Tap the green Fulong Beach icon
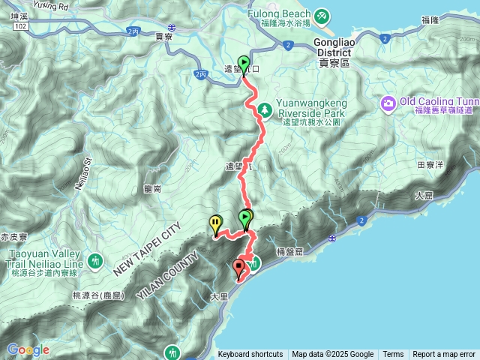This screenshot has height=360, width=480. [x=321, y=15]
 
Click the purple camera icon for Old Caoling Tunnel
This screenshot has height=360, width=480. [x=389, y=101]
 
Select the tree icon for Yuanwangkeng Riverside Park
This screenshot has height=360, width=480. [x=265, y=111]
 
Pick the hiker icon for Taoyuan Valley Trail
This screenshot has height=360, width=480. [x=94, y=261]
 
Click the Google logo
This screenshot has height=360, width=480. [x=28, y=350]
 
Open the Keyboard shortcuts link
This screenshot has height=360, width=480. [x=250, y=355]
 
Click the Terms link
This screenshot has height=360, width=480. [x=393, y=355]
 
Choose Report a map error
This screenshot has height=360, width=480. [x=444, y=355]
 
